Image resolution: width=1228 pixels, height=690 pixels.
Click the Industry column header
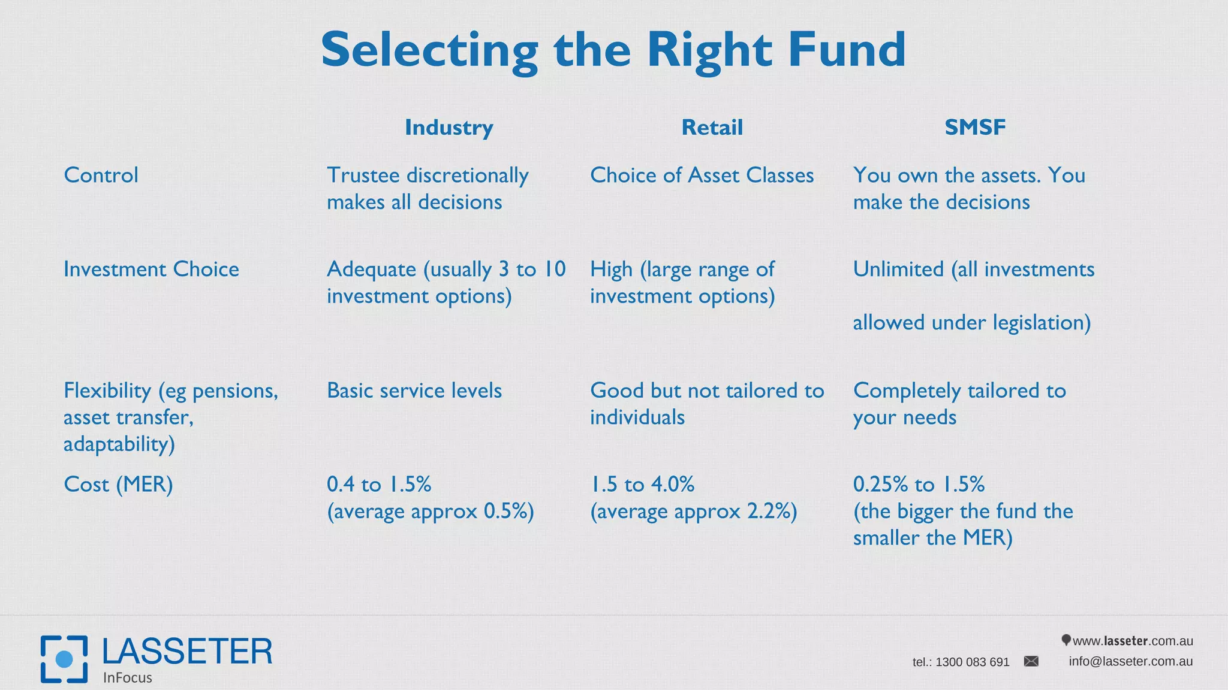click(449, 128)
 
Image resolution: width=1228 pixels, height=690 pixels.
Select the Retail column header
click(712, 128)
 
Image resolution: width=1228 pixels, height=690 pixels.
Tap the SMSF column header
click(975, 127)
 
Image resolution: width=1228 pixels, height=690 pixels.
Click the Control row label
click(101, 175)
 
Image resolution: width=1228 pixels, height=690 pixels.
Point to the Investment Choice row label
click(151, 270)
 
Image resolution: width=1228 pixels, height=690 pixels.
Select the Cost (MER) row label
click(118, 485)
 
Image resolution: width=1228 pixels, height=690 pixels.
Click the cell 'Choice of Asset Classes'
click(702, 175)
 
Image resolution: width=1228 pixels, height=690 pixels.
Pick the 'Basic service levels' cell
click(414, 391)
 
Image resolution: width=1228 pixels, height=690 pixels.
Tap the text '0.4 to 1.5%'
click(379, 485)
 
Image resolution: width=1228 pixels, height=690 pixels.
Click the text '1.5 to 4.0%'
click(642, 485)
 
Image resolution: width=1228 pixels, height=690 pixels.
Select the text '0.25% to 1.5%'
click(919, 485)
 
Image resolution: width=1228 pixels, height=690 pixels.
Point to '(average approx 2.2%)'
click(693, 512)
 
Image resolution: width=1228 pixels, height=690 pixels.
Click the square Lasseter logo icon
click(64, 659)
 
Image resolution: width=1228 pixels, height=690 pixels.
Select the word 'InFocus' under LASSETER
click(127, 678)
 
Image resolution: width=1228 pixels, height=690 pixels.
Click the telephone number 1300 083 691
click(972, 662)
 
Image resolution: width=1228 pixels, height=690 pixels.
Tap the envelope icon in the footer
click(1031, 661)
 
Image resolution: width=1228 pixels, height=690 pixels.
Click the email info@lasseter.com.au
click(1130, 661)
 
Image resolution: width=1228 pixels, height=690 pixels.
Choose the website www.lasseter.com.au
click(1132, 641)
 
